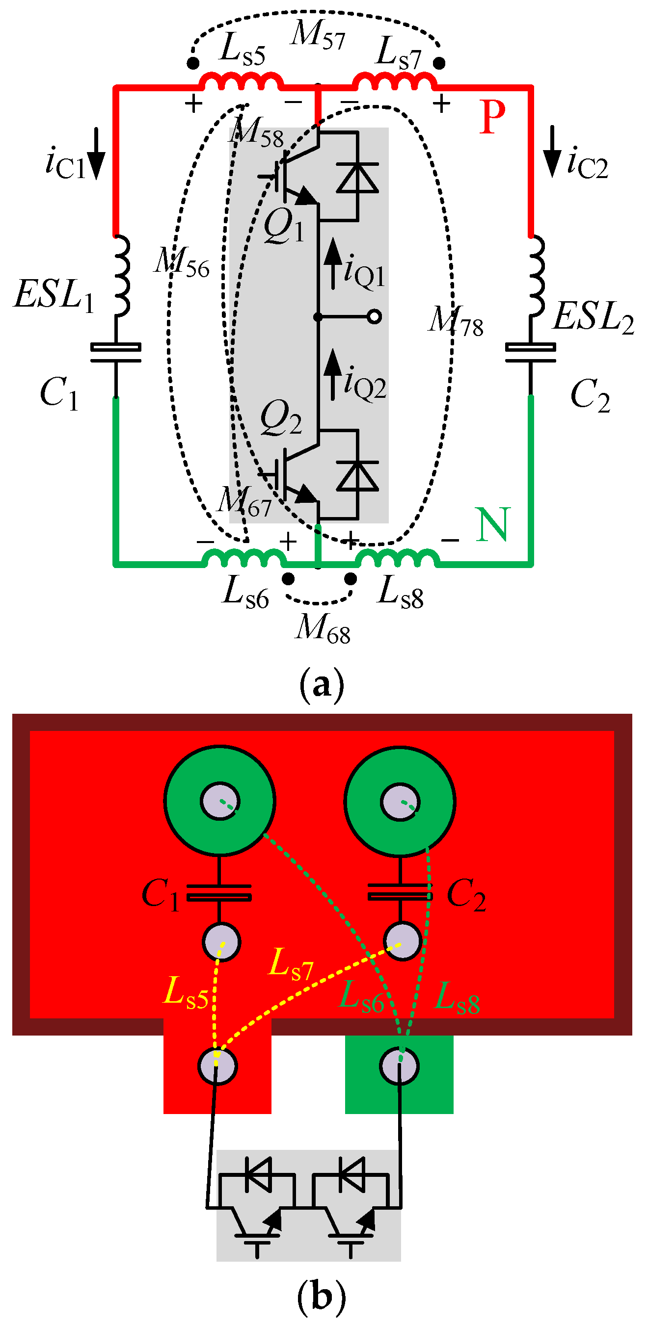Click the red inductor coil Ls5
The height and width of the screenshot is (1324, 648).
coord(241,82)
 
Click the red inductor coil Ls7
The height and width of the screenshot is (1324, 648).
coord(395,82)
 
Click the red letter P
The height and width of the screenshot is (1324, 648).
coord(492,117)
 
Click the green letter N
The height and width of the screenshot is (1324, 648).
coord(493,524)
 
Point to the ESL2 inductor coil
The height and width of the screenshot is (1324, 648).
coord(536,275)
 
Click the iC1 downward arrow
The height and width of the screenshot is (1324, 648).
coord(96,154)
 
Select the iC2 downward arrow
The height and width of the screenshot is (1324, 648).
coord(552,152)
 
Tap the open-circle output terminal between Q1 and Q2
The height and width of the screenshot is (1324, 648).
coord(376,316)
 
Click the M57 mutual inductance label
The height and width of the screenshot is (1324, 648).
coord(317,35)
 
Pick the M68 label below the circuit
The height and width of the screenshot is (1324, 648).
coord(323,628)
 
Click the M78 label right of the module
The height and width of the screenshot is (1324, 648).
coord(456,321)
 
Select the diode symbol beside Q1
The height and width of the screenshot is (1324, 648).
coord(357,177)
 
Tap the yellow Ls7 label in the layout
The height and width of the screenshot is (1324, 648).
coord(291,964)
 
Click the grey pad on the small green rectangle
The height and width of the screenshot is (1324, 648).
coord(400,1066)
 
